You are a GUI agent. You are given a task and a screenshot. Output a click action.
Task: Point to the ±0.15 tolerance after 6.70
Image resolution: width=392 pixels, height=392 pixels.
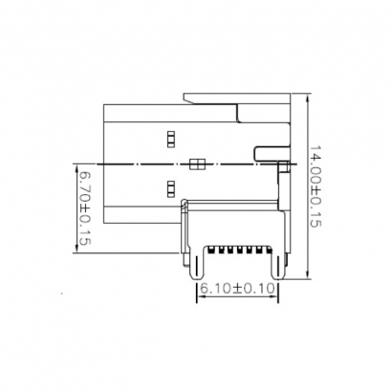(x=84, y=229)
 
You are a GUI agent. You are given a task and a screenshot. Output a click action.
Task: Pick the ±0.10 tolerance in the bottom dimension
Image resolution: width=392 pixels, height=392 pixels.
(x=255, y=288)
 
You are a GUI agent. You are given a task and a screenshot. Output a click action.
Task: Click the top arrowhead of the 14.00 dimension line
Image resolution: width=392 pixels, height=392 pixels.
(x=306, y=98)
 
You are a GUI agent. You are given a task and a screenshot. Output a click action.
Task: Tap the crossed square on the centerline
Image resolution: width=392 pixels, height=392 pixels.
(x=197, y=164)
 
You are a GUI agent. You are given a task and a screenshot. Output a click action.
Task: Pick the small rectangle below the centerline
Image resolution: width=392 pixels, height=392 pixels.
(x=171, y=187)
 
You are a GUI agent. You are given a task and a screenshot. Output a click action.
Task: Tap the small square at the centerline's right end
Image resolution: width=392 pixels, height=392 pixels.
(x=284, y=166)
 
